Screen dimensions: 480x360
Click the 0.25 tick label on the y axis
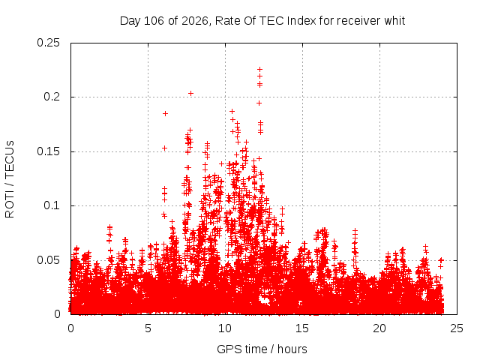click(x=48, y=43)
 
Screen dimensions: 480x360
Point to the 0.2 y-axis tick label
click(x=52, y=97)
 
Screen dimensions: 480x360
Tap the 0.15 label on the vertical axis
click(x=48, y=151)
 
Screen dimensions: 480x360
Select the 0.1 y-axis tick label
click(x=52, y=205)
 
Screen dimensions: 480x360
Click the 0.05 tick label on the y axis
click(x=48, y=260)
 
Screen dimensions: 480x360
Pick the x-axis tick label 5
click(x=148, y=328)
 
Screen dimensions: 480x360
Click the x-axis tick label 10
click(x=225, y=328)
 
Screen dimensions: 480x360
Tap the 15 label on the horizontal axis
click(x=302, y=328)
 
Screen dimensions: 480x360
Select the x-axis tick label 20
click(x=379, y=328)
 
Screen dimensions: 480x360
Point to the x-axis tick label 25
click(x=457, y=328)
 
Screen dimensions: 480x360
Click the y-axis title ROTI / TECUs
click(x=10, y=179)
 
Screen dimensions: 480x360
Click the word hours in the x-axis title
click(x=292, y=349)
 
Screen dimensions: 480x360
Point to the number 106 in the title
click(x=154, y=21)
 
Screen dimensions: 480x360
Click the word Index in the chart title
click(x=301, y=21)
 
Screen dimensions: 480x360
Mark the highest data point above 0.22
click(x=260, y=70)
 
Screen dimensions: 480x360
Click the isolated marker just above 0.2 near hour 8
click(x=190, y=93)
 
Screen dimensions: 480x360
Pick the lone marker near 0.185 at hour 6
click(x=165, y=113)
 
